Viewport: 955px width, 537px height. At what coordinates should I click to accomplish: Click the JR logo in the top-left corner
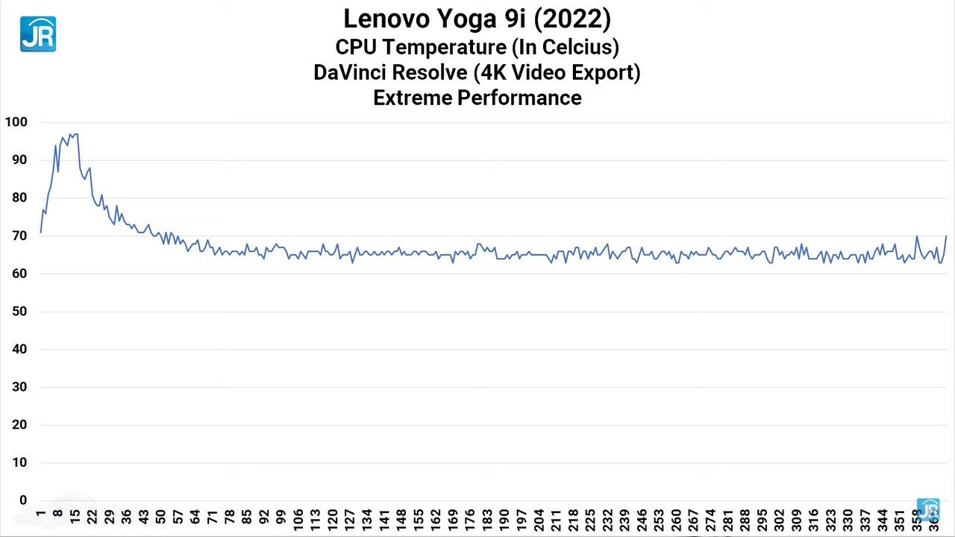click(x=37, y=34)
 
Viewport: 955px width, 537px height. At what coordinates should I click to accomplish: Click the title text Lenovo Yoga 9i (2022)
click(x=477, y=19)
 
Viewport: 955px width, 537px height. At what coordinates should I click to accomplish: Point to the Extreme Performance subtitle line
click(x=477, y=98)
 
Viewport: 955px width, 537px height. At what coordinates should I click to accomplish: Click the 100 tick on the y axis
click(x=16, y=122)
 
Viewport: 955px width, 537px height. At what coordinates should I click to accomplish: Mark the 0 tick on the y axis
click(x=23, y=500)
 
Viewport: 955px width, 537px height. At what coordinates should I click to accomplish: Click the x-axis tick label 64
click(x=195, y=518)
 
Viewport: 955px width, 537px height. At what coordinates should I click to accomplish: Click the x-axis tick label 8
click(x=57, y=516)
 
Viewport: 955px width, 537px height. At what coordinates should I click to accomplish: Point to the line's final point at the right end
click(x=946, y=236)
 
